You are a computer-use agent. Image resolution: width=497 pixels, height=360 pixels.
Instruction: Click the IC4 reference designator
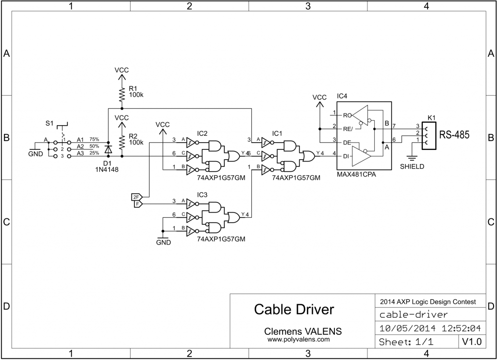point(342,96)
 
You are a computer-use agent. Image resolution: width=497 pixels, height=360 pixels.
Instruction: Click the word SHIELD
point(412,166)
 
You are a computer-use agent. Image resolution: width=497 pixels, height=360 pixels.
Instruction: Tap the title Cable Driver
point(294,309)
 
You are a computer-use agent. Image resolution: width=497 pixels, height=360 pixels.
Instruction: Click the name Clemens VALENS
point(302,331)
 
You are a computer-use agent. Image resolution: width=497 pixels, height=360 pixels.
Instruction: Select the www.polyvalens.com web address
point(298,340)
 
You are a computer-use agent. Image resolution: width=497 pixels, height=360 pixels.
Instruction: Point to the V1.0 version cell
point(471,342)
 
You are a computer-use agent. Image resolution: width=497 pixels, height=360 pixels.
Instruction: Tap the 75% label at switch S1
point(94,139)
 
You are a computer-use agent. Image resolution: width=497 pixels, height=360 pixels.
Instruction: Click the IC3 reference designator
point(202,194)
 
